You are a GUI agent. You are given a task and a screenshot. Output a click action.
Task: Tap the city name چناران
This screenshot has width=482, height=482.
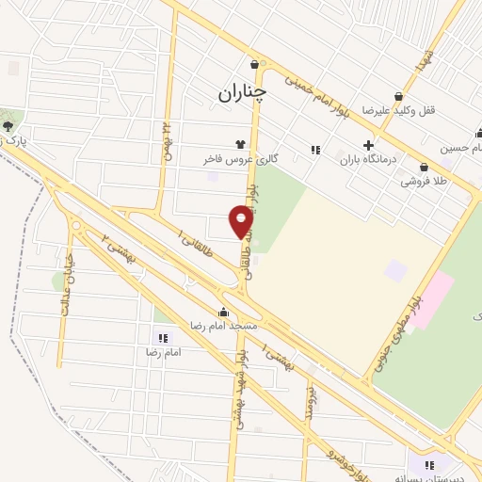pos(242,92)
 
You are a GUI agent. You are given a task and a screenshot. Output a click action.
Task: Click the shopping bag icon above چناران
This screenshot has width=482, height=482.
pos(255,64)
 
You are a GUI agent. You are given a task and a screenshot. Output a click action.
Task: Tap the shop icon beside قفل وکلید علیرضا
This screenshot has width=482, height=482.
pos(399,96)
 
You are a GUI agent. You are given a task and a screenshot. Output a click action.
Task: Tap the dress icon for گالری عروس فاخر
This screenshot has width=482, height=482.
pos(242,145)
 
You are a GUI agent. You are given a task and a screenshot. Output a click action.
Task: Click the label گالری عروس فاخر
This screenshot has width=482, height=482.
pos(230,160)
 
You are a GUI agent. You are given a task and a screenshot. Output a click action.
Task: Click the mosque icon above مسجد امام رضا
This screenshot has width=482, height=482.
pos(223,312)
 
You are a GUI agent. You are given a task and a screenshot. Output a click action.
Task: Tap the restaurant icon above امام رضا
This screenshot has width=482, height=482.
pos(162,337)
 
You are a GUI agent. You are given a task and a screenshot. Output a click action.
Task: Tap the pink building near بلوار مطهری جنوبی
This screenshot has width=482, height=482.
pos(429,299)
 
